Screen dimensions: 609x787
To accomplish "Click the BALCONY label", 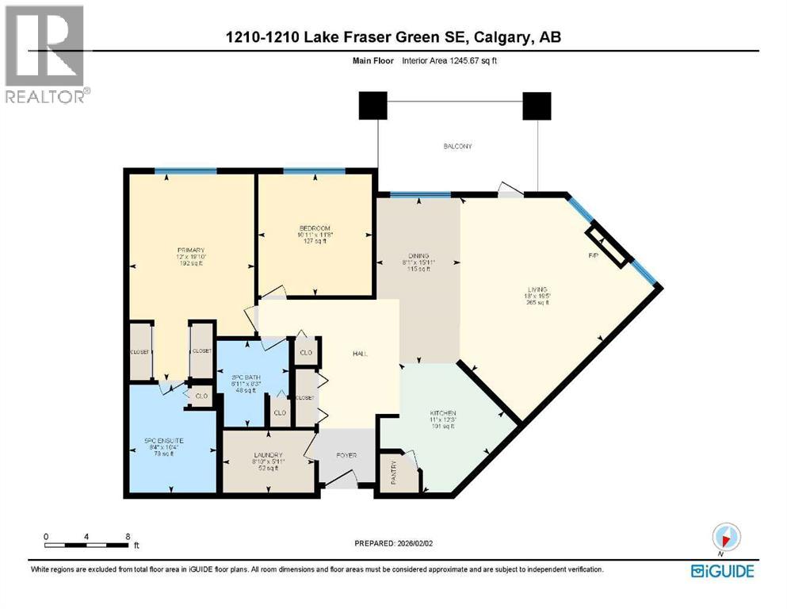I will pyautogui.click(x=457, y=146).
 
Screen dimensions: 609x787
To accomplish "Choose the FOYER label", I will pyautogui.click(x=346, y=456).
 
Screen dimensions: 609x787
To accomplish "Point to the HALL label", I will pyautogui.click(x=361, y=354).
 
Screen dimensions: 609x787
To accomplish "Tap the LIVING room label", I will pyautogui.click(x=541, y=289).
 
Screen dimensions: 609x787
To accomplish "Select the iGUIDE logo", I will pyautogui.click(x=722, y=570).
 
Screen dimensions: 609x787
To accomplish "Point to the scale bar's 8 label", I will pyautogui.click(x=128, y=536).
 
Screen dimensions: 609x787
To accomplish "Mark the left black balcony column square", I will pyautogui.click(x=372, y=105).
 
